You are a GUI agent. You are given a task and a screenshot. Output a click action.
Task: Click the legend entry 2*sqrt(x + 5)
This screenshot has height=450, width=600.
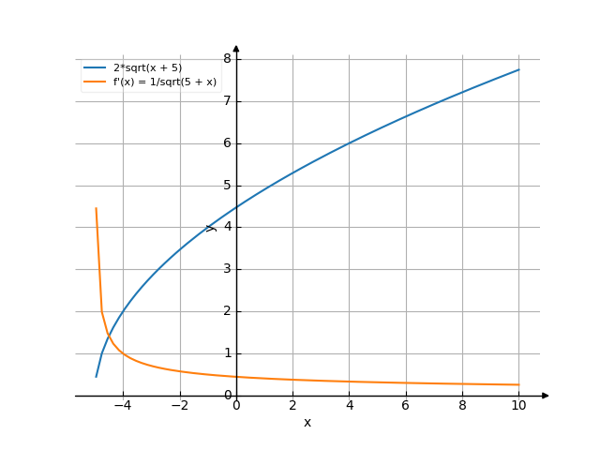(x=148, y=67)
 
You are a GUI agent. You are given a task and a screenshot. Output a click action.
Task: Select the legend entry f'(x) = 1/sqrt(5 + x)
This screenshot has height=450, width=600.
(x=165, y=82)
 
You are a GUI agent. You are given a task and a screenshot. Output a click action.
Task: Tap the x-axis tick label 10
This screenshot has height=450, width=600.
(x=518, y=406)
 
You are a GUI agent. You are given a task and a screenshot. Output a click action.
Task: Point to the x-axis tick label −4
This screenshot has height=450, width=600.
(x=123, y=406)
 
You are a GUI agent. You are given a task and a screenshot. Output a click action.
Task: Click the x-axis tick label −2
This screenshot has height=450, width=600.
(x=180, y=406)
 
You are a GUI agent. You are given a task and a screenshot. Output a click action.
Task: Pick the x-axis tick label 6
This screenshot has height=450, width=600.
(x=406, y=406)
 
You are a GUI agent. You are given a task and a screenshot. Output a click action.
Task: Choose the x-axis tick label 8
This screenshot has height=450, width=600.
(x=462, y=406)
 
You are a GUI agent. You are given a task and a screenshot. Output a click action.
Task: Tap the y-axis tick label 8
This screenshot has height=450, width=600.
(x=228, y=58)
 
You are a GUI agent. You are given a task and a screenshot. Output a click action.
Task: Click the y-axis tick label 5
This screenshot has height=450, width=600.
(x=228, y=186)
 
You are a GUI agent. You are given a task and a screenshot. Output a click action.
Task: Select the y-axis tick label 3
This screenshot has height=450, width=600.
(x=228, y=269)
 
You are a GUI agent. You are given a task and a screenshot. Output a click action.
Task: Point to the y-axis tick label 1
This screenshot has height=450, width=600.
(x=228, y=353)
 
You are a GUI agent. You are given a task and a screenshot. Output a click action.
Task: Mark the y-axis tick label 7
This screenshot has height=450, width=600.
(x=228, y=101)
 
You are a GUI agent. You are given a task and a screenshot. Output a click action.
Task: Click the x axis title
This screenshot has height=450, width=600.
(x=307, y=423)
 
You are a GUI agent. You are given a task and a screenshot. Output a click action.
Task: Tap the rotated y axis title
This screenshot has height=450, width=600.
(x=211, y=228)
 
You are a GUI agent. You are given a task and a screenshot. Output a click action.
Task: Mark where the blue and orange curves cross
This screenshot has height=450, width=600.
(x=109, y=336)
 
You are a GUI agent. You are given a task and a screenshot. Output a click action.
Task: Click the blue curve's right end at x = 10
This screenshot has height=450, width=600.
(x=518, y=69)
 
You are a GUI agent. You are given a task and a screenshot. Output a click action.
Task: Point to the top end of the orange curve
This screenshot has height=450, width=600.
(x=96, y=208)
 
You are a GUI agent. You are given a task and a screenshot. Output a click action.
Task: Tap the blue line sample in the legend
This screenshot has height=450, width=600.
(x=95, y=67)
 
